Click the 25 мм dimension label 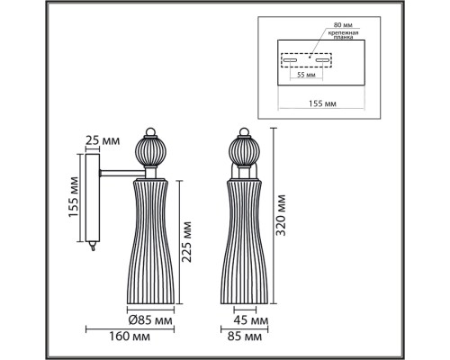pyautogui.click(x=103, y=139)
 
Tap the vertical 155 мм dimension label pyautogui.click(x=73, y=197)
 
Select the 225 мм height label pyautogui.click(x=187, y=242)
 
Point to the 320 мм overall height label pyautogui.click(x=281, y=215)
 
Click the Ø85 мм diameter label pyautogui.click(x=150, y=320)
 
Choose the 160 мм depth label pyautogui.click(x=130, y=337)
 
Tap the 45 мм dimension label pyautogui.click(x=251, y=320)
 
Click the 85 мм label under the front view pyautogui.click(x=245, y=337)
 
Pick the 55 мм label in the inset pyautogui.click(x=306, y=75)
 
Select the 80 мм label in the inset pyautogui.click(x=343, y=25)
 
